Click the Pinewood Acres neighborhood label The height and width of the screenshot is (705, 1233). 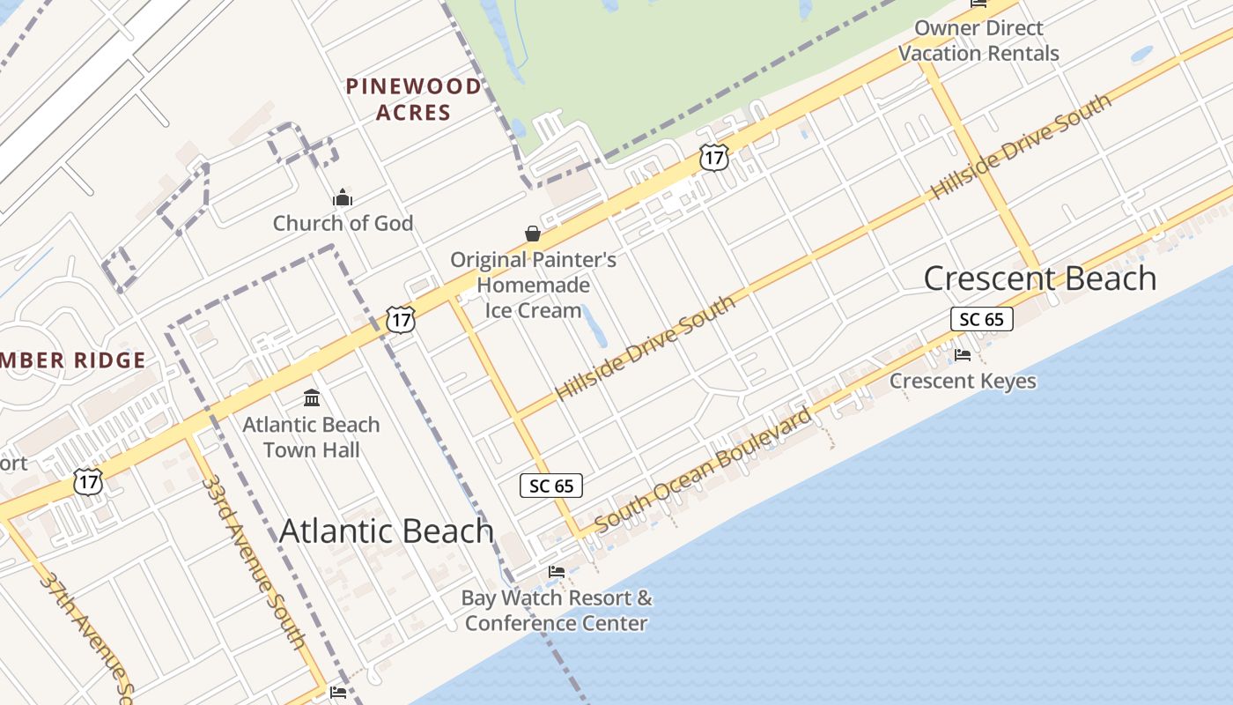point(414,99)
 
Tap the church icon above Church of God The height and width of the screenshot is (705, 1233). point(343,197)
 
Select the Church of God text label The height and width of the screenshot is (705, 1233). point(343,223)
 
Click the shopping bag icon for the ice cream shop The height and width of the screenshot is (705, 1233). point(533,234)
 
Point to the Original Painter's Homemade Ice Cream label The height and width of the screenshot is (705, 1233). point(533,285)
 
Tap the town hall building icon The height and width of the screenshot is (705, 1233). point(311,398)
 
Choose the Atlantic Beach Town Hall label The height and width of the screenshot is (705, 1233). point(311,437)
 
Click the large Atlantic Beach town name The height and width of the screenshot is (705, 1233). point(387,531)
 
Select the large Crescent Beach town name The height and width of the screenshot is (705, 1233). point(1039,278)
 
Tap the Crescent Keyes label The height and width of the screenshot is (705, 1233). point(963,381)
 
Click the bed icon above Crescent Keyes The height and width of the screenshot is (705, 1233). point(963,355)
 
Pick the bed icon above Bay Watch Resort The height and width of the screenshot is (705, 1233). point(557,572)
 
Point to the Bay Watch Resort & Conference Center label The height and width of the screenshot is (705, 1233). point(557,611)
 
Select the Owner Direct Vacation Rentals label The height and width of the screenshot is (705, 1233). point(978,41)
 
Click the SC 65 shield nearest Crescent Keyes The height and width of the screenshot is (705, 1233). point(982,319)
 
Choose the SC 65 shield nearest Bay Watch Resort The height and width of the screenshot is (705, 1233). point(551,486)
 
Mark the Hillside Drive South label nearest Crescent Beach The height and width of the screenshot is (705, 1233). point(1022,146)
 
